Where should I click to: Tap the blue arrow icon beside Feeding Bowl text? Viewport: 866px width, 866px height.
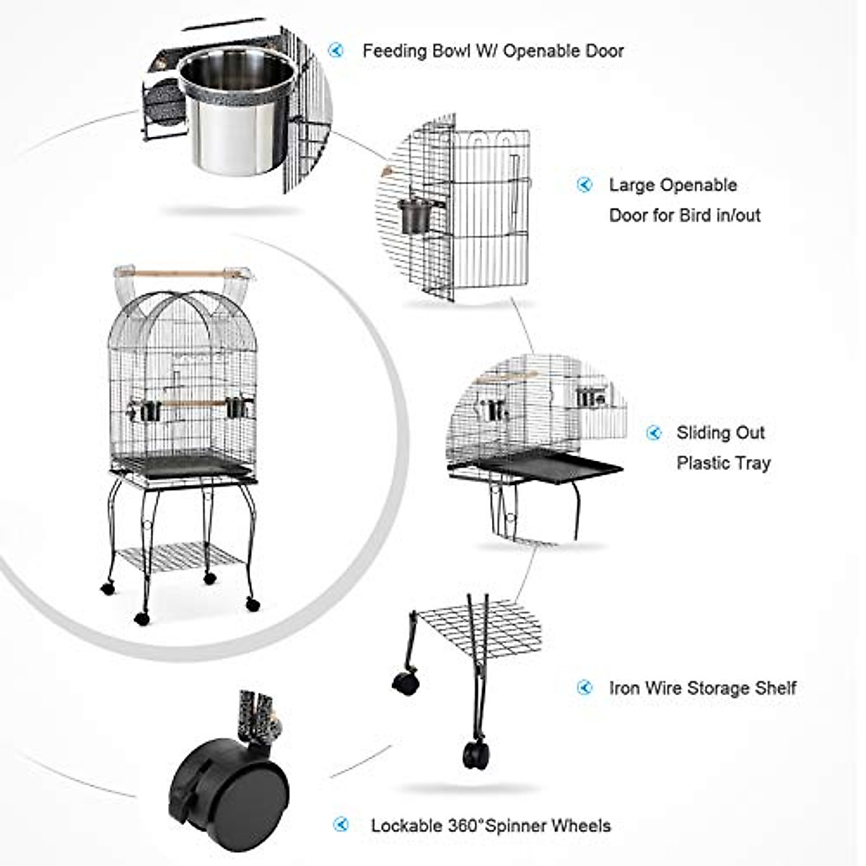336,51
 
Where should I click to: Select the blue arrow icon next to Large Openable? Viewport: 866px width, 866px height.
584,185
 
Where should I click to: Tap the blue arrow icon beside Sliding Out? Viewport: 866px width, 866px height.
653,433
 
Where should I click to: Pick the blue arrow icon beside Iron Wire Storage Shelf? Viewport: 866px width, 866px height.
585,688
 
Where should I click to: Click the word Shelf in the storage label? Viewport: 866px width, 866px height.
775,688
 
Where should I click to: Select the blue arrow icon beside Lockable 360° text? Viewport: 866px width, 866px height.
341,825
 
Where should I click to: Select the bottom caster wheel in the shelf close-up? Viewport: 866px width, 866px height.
476,754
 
